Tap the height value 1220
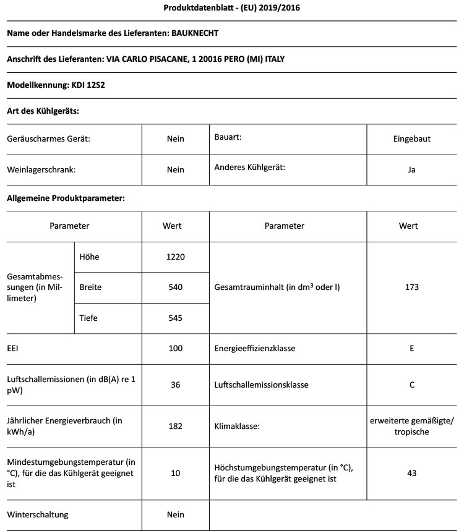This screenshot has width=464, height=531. [x=175, y=257]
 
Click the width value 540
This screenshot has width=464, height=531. [x=175, y=287]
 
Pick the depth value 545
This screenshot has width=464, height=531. [x=175, y=318]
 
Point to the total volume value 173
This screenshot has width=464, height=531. [x=411, y=287]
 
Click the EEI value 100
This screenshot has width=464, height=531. [x=175, y=349]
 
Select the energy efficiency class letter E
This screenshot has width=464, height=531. [x=411, y=349]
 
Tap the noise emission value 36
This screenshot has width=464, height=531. [x=175, y=384]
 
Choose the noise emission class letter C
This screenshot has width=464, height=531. [x=411, y=384]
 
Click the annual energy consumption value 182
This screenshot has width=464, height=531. [x=175, y=427]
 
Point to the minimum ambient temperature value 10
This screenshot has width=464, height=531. [x=175, y=474]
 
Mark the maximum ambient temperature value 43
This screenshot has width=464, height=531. [x=411, y=474]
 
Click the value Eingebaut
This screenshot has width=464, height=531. [x=411, y=139]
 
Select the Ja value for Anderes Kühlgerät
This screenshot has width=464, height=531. [x=411, y=170]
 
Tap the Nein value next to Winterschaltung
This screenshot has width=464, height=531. [x=175, y=514]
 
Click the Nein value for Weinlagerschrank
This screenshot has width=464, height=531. [x=175, y=170]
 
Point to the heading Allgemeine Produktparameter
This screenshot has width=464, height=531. [x=66, y=199]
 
